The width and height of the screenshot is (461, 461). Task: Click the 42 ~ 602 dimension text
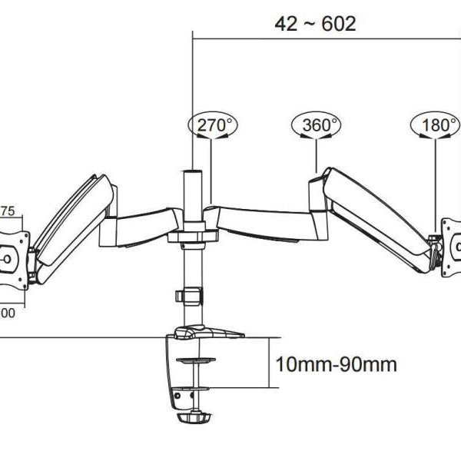point(315,23)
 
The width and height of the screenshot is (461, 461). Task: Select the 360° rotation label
point(316,125)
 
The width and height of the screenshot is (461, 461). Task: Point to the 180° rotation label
point(436,125)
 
